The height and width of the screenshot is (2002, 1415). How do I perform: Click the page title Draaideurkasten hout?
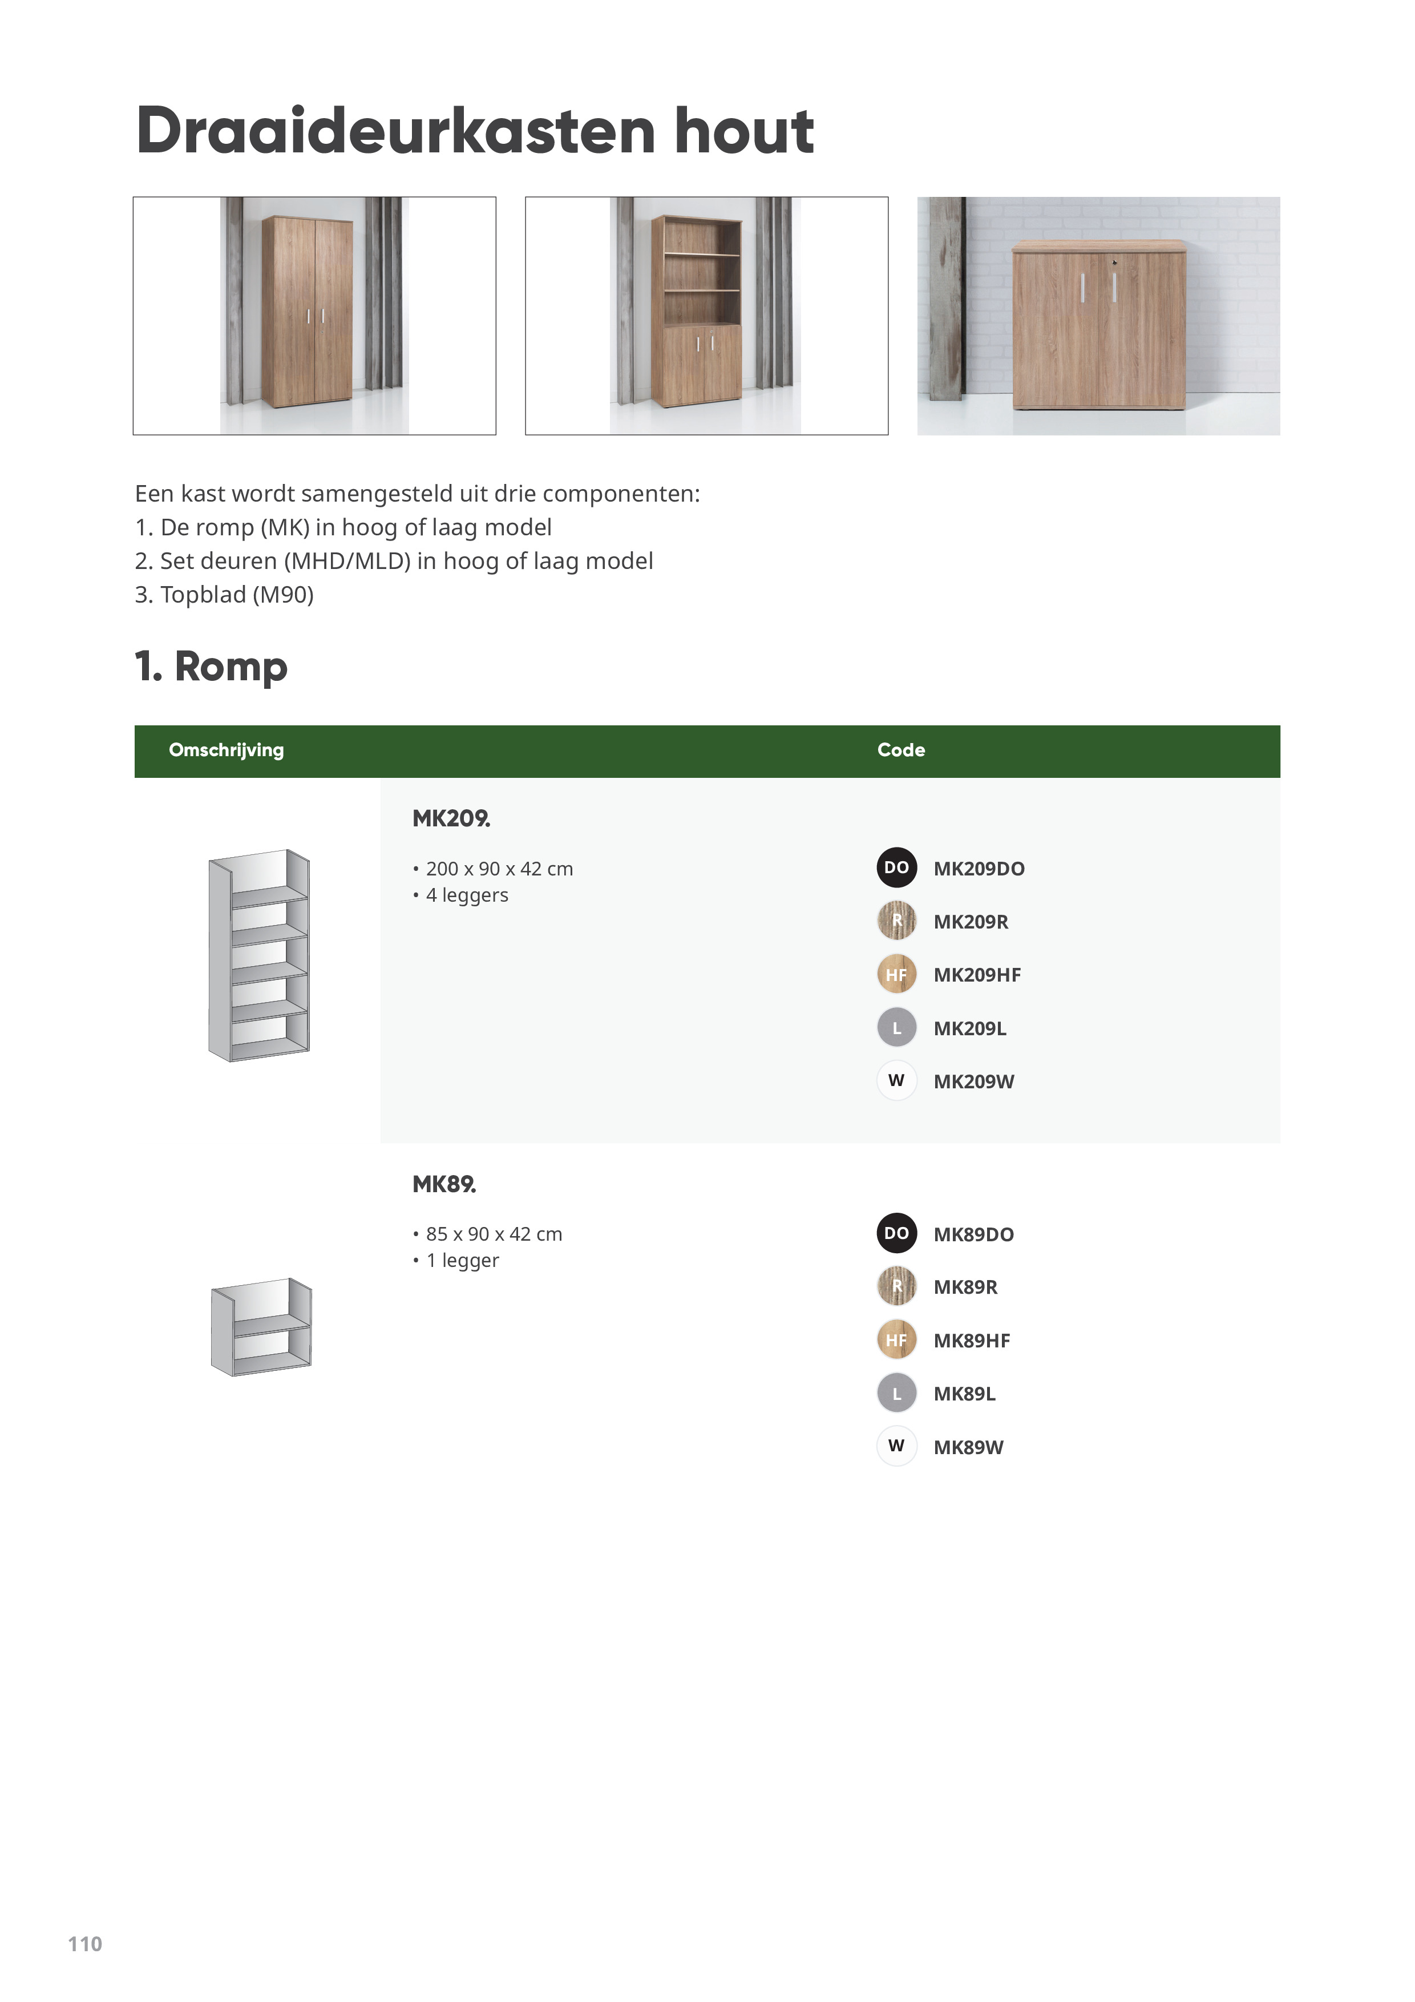point(474,131)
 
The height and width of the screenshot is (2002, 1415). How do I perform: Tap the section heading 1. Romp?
point(211,667)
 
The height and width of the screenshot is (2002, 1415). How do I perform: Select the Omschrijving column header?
point(226,750)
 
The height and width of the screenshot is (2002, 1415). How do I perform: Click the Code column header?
point(900,750)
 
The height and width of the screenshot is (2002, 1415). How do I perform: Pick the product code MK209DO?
point(978,869)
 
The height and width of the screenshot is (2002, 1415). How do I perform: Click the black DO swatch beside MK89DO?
point(896,1233)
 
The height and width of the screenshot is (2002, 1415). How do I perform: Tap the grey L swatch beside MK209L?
point(896,1028)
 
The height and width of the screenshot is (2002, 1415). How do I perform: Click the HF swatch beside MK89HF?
point(896,1340)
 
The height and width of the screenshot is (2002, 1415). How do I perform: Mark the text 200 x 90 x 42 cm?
point(499,869)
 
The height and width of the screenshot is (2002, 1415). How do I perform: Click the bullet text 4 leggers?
point(466,895)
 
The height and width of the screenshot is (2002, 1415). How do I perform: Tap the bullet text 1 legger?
point(462,1260)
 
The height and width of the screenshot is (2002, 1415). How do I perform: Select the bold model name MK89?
point(444,1184)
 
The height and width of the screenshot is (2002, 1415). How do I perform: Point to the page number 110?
point(84,1944)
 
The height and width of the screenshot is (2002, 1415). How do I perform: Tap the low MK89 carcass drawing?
point(261,1326)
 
